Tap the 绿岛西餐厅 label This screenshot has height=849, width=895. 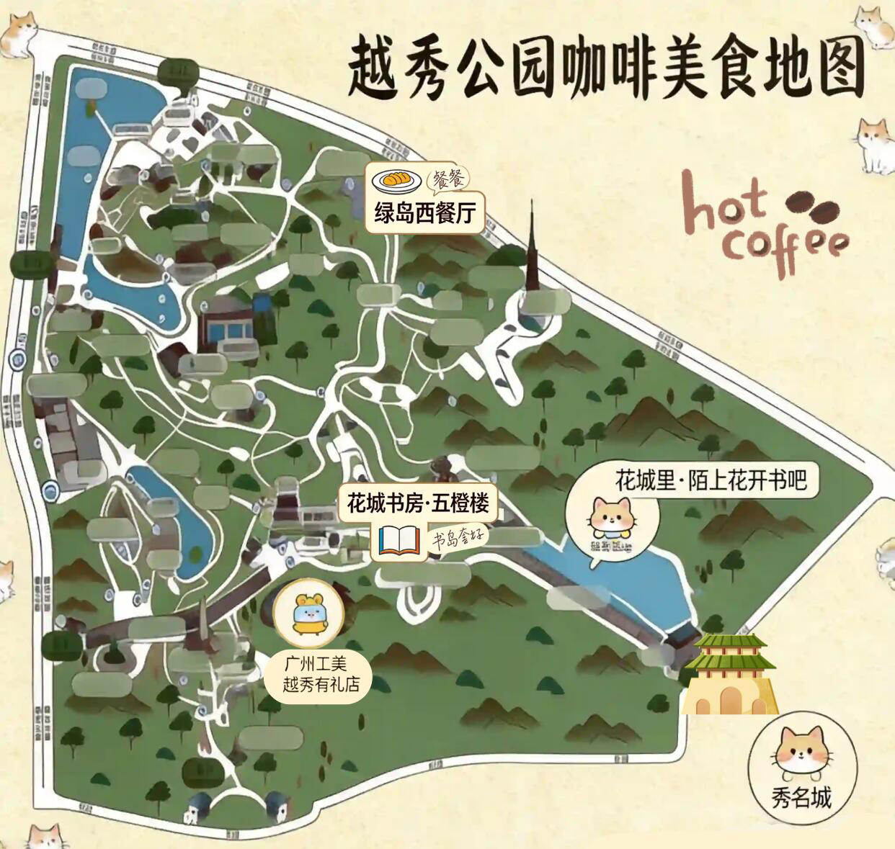424,215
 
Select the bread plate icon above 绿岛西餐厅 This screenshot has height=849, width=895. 396,180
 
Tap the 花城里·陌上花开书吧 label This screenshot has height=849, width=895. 710,480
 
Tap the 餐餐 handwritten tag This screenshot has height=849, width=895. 450,179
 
